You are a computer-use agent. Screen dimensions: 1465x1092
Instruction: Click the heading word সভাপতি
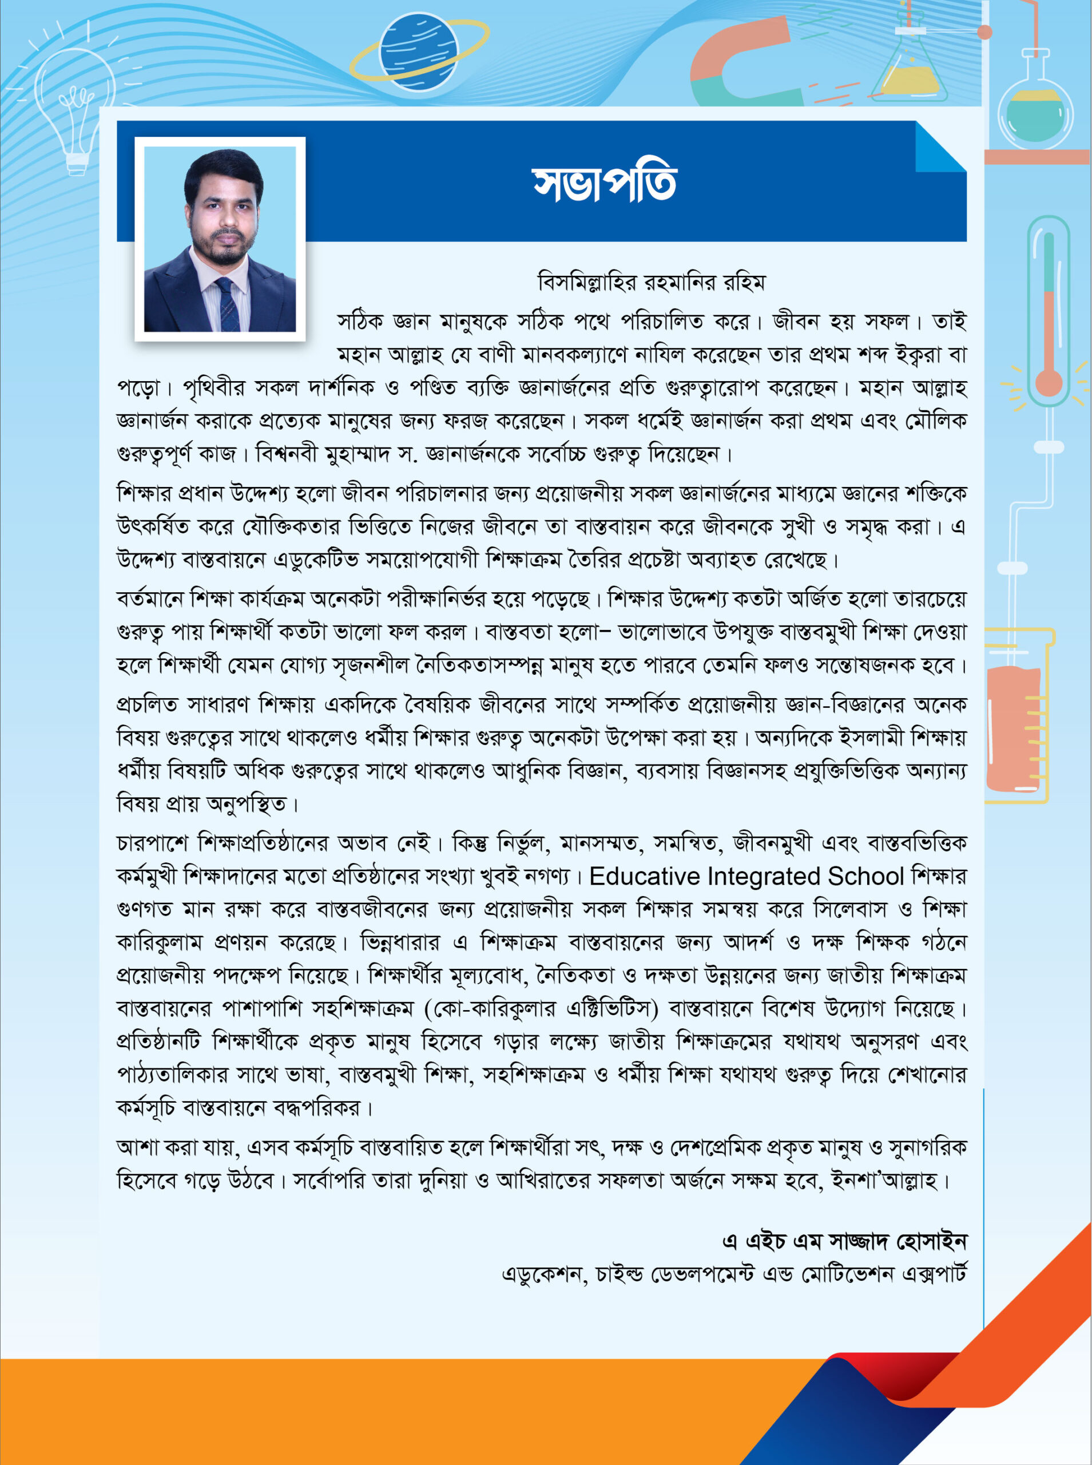604,183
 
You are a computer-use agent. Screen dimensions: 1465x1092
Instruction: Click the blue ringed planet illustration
418,51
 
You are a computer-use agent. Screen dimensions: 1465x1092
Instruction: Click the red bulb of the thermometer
1049,382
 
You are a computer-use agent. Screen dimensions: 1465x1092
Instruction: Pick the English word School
865,877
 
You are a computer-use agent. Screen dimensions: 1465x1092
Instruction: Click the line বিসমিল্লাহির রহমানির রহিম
651,283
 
